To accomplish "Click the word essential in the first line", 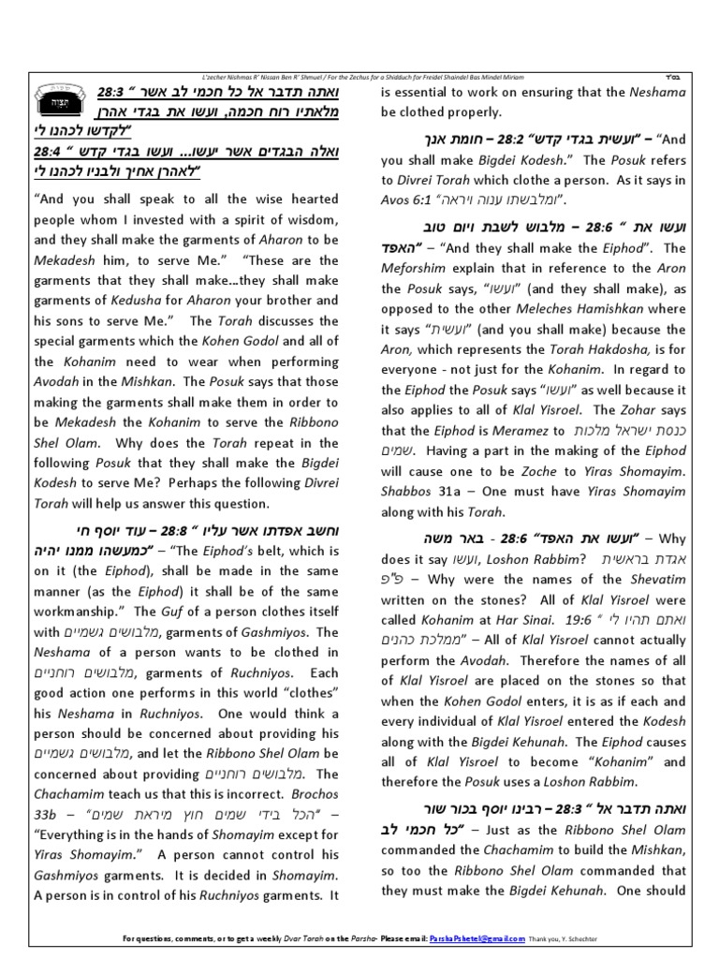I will tap(426, 91).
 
